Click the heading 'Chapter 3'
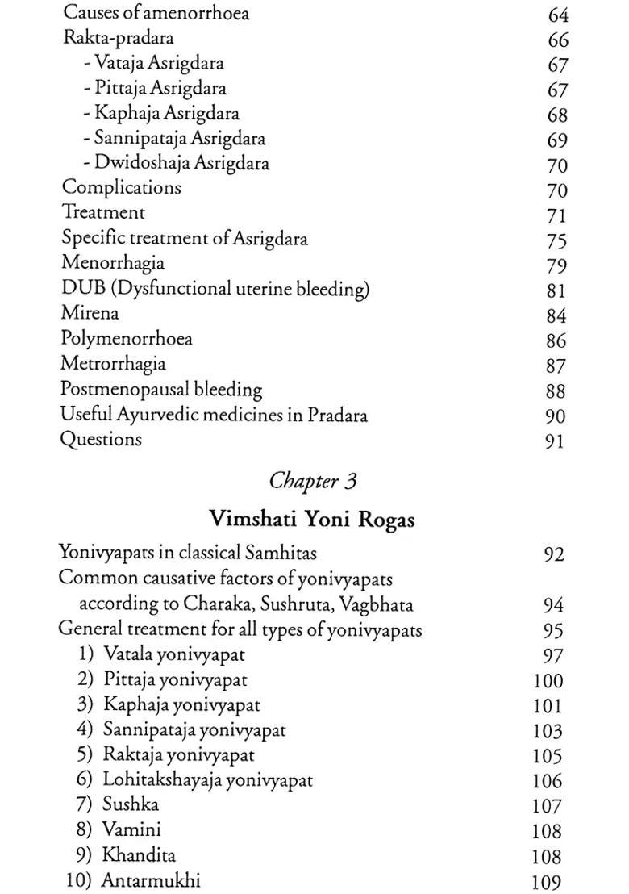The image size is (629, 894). pyautogui.click(x=313, y=482)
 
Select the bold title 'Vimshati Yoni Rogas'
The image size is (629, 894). pyautogui.click(x=312, y=520)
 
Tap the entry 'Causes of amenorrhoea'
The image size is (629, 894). pyautogui.click(x=156, y=13)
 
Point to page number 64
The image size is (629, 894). pyautogui.click(x=557, y=15)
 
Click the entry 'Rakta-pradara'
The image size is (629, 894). pyautogui.click(x=118, y=38)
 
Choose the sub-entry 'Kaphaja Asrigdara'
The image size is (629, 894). pyautogui.click(x=166, y=113)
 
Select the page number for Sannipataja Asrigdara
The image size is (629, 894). pyautogui.click(x=557, y=140)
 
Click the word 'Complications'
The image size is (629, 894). pyautogui.click(x=121, y=188)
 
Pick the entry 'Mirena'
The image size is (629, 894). pyautogui.click(x=90, y=313)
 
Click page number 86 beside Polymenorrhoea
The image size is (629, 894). pyautogui.click(x=556, y=340)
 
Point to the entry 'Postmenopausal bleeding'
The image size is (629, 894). pyautogui.click(x=161, y=389)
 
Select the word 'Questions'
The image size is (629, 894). pyautogui.click(x=101, y=440)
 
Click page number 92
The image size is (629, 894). pyautogui.click(x=553, y=555)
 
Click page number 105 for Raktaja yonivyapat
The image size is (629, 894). pyautogui.click(x=548, y=756)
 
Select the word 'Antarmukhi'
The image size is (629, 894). pyautogui.click(x=150, y=879)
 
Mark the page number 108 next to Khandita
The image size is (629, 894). pyautogui.click(x=548, y=856)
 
